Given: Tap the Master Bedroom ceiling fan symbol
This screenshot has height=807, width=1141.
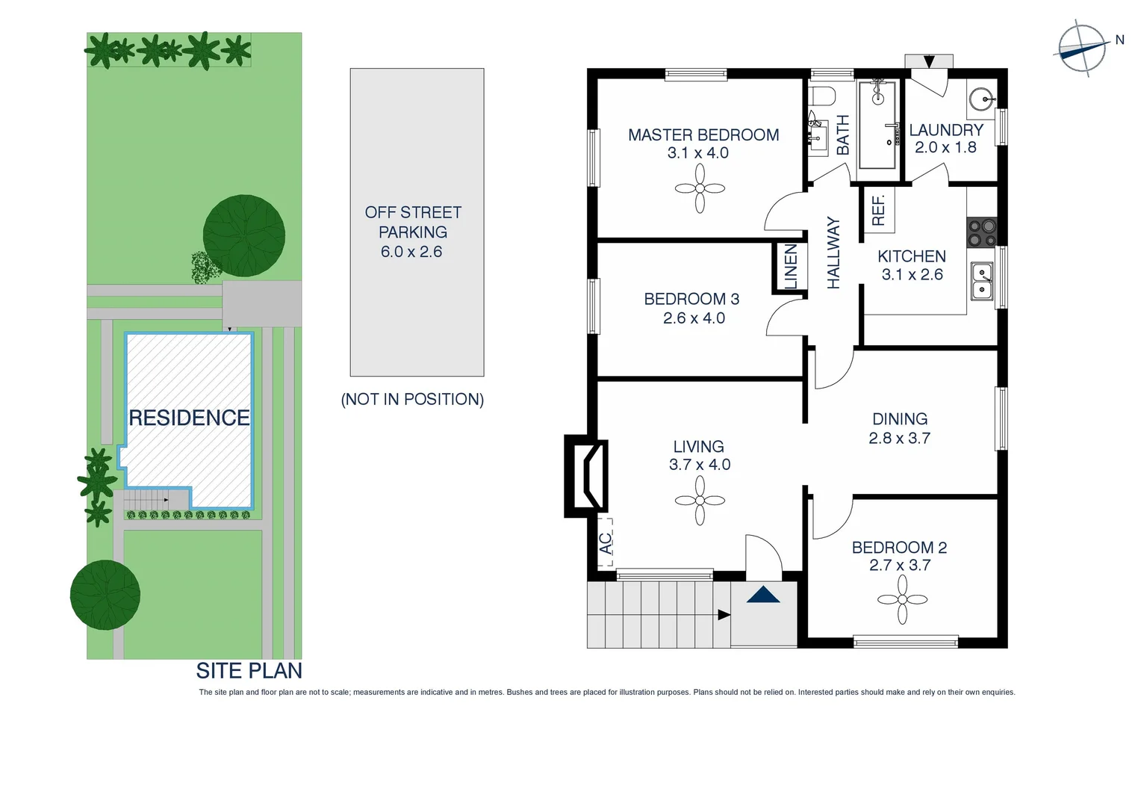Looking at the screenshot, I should point(700,188).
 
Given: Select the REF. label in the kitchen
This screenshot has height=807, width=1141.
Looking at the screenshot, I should point(878,210).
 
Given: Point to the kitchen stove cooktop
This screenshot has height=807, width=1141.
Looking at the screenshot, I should point(982,232).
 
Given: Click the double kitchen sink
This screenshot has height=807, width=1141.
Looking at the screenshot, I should point(982,281).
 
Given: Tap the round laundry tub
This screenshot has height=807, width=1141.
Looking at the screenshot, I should point(982,99).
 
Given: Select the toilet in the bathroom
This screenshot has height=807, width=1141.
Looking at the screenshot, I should point(823,96).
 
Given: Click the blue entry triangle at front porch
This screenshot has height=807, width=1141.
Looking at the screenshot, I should point(763,595).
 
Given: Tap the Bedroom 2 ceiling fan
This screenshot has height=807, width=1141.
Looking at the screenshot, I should point(902,599).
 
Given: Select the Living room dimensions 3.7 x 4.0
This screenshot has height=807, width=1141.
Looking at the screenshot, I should point(700,465).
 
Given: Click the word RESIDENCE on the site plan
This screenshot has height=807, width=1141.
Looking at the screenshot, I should point(189,418).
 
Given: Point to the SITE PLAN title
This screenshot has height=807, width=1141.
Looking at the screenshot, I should point(249,671).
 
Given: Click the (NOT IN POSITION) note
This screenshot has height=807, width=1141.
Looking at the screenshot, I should point(412,399).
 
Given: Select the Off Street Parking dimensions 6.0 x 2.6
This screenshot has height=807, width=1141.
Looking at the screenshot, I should point(411,252).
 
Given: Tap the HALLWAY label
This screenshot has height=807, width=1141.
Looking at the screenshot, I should point(833,253).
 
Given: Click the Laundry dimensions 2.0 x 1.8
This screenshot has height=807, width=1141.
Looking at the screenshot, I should point(945,147).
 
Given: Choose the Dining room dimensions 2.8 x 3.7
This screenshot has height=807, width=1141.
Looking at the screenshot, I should point(899,439).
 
